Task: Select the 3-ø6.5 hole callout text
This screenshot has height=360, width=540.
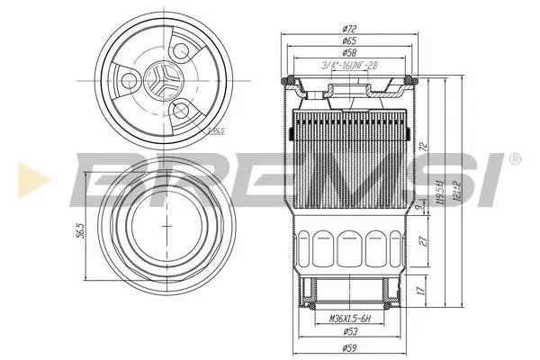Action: [x=215, y=130]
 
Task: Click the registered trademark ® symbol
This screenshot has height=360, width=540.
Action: [x=514, y=159]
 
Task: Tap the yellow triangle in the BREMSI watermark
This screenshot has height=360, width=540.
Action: [x=25, y=171]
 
